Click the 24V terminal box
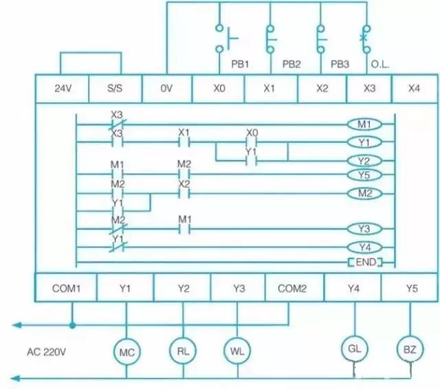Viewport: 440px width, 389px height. pyautogui.click(x=63, y=89)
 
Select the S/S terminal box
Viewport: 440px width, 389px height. pyautogui.click(x=115, y=89)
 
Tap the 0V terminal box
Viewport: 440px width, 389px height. pyautogui.click(x=167, y=89)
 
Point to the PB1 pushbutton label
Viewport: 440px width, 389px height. pyautogui.click(x=239, y=63)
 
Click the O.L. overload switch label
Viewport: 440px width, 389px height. pyautogui.click(x=380, y=63)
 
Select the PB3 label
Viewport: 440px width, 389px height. pyautogui.click(x=340, y=63)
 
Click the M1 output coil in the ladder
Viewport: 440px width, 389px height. pyautogui.click(x=364, y=125)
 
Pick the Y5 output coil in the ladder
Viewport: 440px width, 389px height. pyautogui.click(x=364, y=175)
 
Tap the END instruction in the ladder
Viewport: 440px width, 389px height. pyautogui.click(x=364, y=263)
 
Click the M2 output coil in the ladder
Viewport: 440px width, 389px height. pyautogui.click(x=364, y=194)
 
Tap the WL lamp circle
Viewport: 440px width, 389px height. pyautogui.click(x=234, y=351)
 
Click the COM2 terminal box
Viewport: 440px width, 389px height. pyautogui.click(x=291, y=289)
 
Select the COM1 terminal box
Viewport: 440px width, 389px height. pyautogui.click(x=66, y=289)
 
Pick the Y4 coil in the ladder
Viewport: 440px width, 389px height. pyautogui.click(x=364, y=246)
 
